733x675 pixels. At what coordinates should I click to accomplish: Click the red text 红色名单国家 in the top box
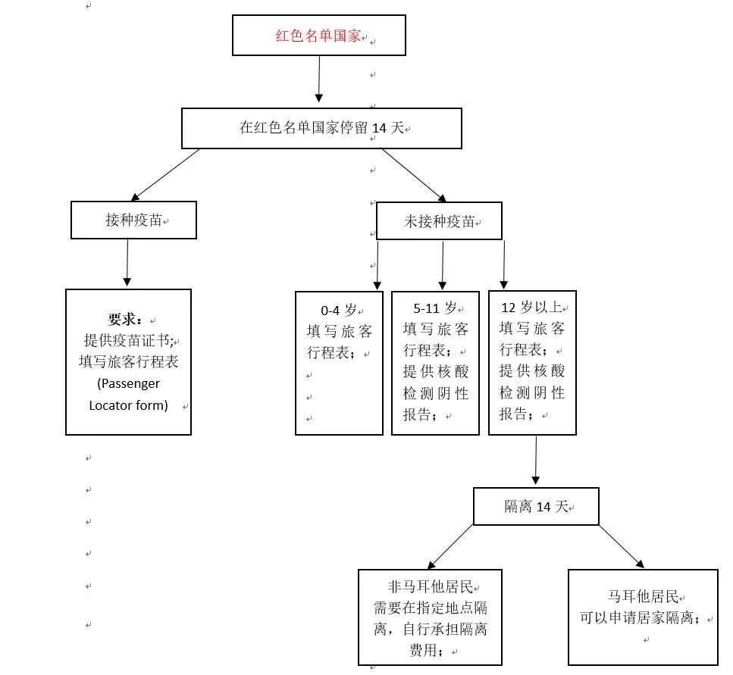point(318,36)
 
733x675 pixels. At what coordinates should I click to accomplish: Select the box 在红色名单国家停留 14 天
point(321,128)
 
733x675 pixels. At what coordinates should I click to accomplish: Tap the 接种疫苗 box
point(133,220)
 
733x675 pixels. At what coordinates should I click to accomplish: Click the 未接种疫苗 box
point(439,221)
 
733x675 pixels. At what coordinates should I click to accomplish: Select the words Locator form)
point(128,405)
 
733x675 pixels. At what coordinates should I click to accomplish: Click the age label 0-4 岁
point(338,310)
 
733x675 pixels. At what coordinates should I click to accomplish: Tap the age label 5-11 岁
point(435,308)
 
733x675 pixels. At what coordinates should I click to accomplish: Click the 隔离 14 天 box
point(536,507)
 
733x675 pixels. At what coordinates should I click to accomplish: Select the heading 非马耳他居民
point(430,586)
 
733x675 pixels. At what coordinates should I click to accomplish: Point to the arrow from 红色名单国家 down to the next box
point(319,79)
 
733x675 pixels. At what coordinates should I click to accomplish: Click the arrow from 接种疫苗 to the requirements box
point(127,263)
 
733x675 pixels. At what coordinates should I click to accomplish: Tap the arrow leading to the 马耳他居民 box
point(621,546)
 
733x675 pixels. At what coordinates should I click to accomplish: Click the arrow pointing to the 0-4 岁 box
point(377,265)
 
